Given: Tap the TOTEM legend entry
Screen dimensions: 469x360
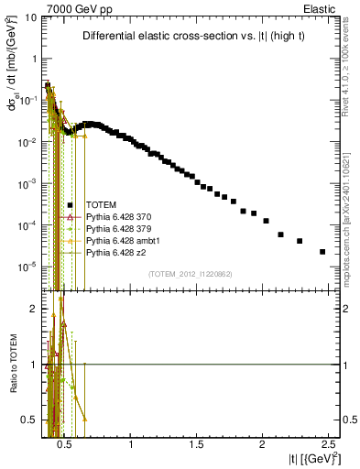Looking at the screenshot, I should point(103,206).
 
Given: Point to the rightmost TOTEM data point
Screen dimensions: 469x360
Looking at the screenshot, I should point(322,251).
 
